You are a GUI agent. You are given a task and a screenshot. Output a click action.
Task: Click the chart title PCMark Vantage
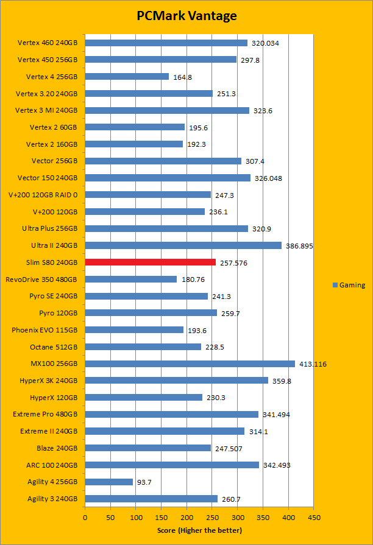[186, 16]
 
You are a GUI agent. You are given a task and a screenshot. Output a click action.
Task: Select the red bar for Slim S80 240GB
[151, 262]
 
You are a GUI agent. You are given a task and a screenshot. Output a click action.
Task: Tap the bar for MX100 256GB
[190, 364]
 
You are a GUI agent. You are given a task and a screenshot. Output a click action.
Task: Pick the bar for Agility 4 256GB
[108, 482]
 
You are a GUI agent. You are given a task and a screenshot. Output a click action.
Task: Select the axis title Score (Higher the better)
[199, 530]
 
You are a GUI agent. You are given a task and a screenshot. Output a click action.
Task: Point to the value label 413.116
[313, 364]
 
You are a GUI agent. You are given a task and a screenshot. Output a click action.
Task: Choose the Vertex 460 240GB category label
[48, 43]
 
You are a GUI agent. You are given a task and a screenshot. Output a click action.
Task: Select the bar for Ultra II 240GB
[183, 245]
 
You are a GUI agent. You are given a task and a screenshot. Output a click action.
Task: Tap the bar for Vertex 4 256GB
[127, 77]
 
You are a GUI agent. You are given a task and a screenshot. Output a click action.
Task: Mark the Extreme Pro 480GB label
[45, 414]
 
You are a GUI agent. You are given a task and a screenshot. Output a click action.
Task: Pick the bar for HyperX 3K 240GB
[176, 380]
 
